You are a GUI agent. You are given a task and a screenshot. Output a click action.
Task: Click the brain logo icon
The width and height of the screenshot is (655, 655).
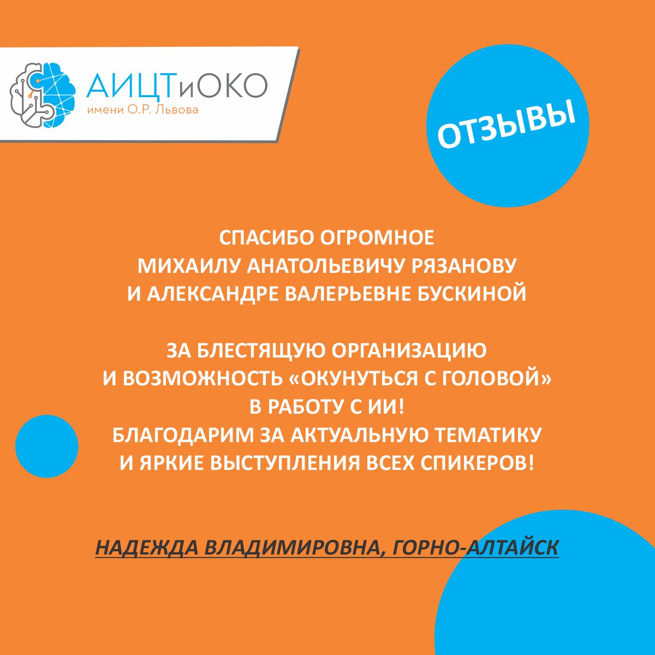[43, 95]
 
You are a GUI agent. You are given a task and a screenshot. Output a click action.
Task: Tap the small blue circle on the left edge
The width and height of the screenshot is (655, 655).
[46, 446]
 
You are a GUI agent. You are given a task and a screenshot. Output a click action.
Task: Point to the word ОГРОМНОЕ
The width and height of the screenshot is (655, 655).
[377, 237]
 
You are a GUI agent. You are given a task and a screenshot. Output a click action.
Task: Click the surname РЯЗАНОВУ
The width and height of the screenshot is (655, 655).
[464, 266]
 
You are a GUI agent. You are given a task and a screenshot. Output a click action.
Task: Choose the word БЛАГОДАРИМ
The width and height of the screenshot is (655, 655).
[183, 435]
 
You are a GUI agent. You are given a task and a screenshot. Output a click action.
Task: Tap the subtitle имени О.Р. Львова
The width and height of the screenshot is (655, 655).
[142, 110]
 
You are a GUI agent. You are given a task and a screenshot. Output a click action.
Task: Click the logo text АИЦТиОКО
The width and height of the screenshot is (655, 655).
[177, 85]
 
